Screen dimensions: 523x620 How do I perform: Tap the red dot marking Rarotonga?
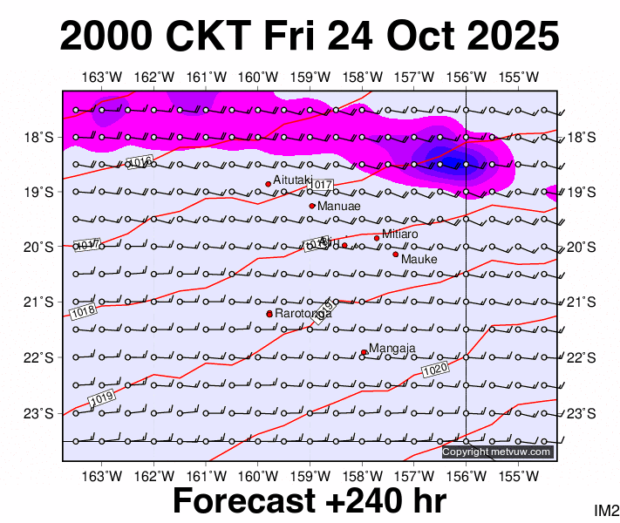pos(269,314)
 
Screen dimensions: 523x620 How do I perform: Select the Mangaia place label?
pos(392,349)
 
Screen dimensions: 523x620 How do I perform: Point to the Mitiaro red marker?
pos(377,238)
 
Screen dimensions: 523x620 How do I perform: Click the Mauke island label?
pos(419,259)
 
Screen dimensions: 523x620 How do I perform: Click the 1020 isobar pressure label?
pos(435,370)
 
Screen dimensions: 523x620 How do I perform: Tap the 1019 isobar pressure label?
pos(101,397)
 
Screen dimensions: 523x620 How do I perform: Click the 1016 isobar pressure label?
pos(140,162)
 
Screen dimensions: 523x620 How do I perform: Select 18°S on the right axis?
pos(581,138)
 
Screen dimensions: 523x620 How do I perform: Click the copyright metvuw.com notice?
pos(497,452)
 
